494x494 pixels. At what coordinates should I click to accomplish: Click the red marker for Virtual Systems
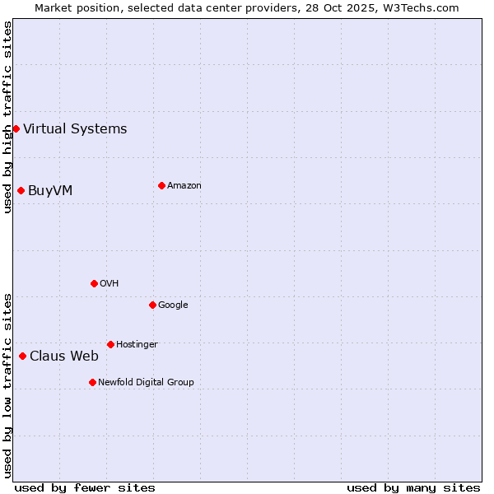[x=16, y=128]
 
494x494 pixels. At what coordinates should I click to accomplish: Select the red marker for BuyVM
[x=21, y=190]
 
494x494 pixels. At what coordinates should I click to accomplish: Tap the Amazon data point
[x=161, y=185]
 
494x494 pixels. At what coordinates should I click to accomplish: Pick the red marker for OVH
[x=94, y=283]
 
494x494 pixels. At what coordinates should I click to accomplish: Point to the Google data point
[x=152, y=305]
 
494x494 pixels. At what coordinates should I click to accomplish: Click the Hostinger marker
[x=110, y=344]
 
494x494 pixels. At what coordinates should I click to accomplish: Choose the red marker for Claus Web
[x=22, y=356]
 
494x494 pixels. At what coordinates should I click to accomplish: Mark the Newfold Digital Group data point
[x=92, y=382]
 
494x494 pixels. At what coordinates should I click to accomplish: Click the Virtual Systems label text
[x=75, y=128]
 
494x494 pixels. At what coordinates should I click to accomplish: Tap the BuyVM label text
[x=50, y=191]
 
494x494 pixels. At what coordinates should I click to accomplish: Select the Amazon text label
[x=184, y=186]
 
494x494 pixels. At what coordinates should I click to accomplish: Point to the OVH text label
[x=109, y=284]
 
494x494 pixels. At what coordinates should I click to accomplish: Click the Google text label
[x=173, y=305]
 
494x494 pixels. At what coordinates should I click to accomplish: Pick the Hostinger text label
[x=137, y=345]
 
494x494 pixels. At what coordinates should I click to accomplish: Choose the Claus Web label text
[x=64, y=357]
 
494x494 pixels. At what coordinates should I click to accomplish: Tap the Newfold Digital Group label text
[x=146, y=383]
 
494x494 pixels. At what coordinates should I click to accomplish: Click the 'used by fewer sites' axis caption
[x=85, y=487]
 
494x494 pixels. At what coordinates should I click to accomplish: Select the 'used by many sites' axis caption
[x=413, y=487]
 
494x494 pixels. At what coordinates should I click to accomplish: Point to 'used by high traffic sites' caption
[x=7, y=117]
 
